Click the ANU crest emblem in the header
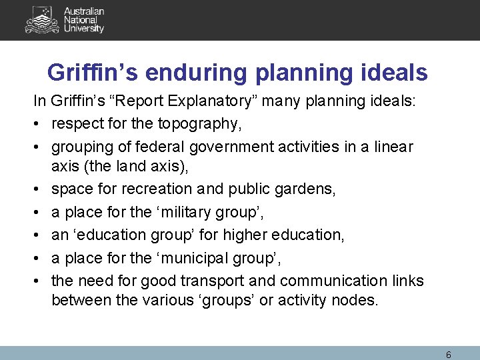[x=41, y=20]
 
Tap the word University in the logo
[x=84, y=29]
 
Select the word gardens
[x=309, y=189]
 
